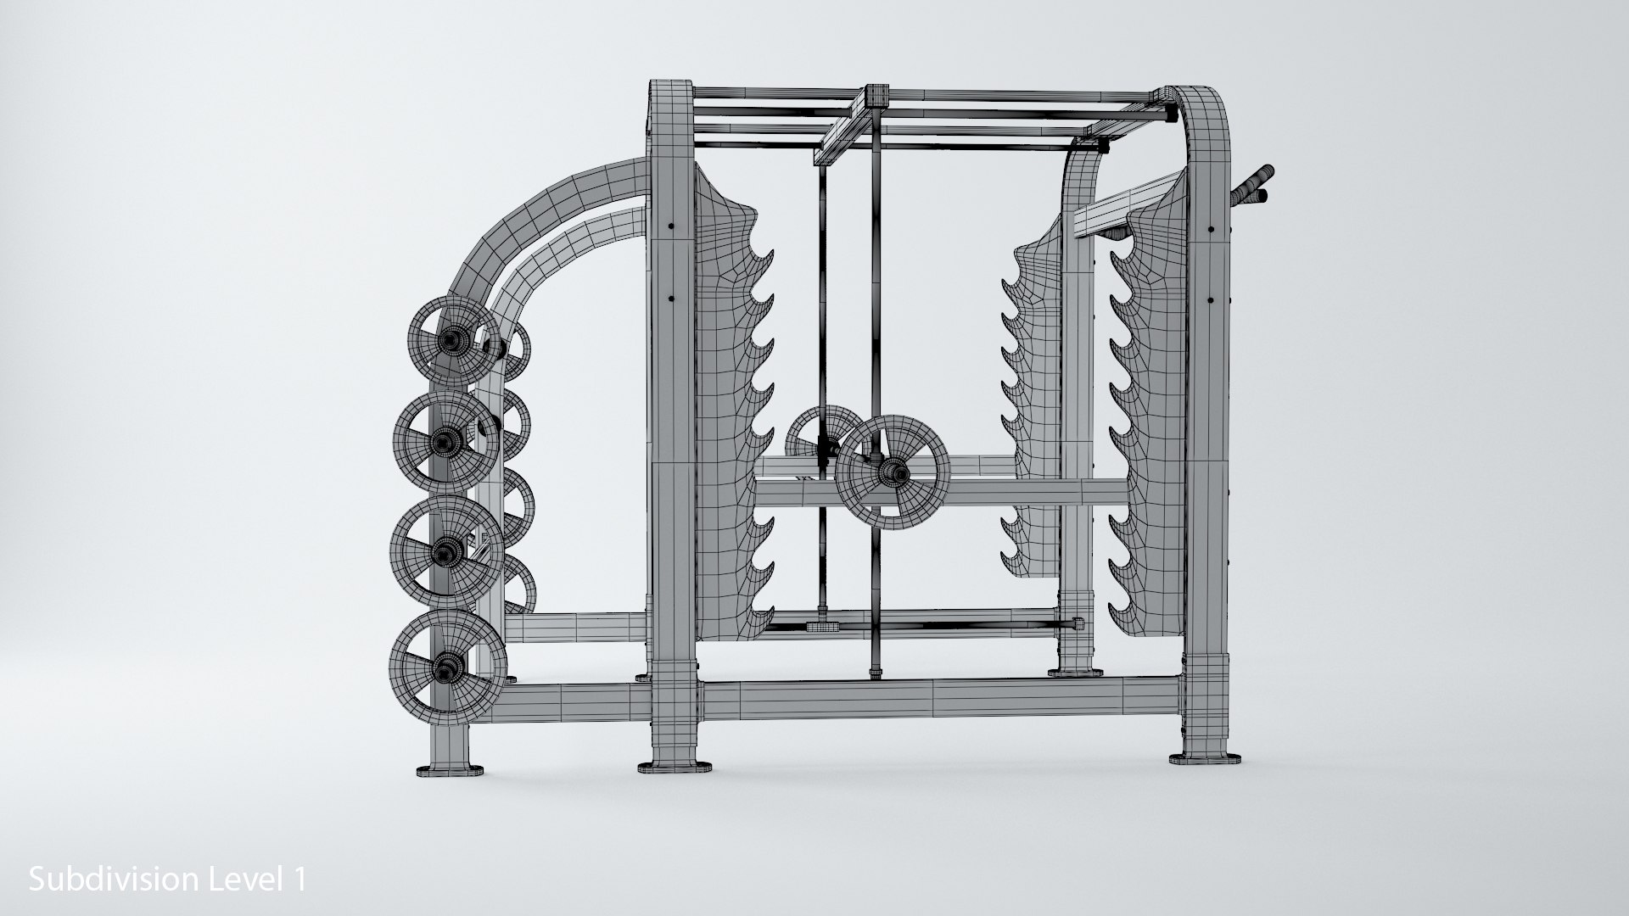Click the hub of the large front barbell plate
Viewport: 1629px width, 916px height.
(893, 472)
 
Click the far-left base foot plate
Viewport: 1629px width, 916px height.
(451, 771)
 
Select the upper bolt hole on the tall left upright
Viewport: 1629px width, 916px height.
(671, 227)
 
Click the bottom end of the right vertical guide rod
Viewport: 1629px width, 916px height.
(874, 675)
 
